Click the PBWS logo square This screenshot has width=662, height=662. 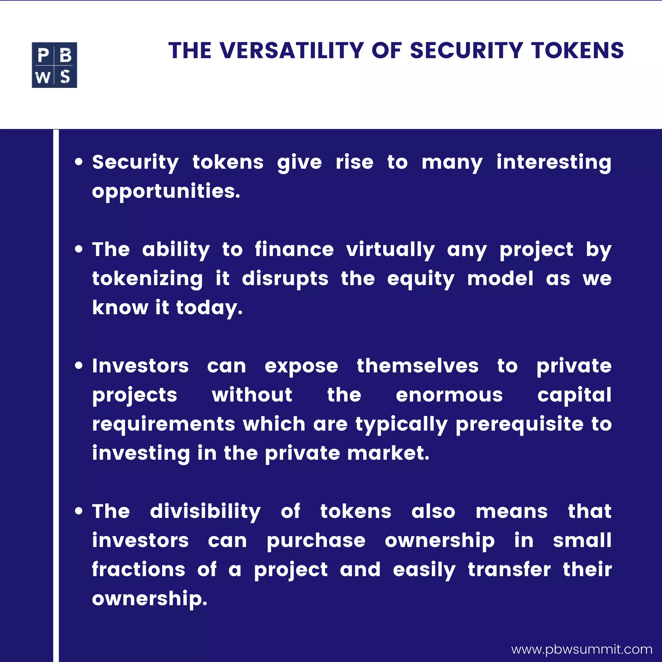point(54,65)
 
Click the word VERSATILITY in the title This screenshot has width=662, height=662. point(292,51)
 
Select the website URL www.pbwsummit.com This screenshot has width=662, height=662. point(582,649)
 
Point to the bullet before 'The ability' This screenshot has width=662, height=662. point(79,250)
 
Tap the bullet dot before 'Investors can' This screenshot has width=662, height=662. point(79,366)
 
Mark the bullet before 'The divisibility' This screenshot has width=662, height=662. point(79,512)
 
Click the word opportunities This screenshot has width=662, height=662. point(166,192)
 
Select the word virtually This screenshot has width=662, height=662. point(390,250)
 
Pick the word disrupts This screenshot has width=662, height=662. point(285,279)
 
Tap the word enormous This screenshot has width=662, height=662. point(449,395)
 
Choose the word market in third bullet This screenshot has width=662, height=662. point(388,453)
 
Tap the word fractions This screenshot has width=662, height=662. point(138,570)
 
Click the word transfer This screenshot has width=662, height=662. point(509,570)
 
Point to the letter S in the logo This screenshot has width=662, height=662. point(65,77)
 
